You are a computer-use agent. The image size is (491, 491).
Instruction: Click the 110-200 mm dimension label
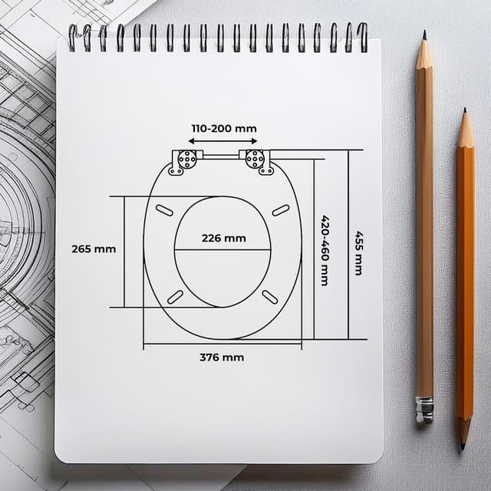click(224, 128)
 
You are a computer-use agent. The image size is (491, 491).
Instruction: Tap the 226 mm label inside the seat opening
click(223, 239)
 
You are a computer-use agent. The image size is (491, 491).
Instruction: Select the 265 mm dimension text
click(94, 249)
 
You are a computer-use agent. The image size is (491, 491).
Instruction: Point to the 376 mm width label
click(222, 358)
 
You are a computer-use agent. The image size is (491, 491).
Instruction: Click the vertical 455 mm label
click(358, 253)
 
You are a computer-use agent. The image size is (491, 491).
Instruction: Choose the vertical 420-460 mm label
click(325, 251)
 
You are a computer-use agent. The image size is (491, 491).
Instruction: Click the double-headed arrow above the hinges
click(222, 141)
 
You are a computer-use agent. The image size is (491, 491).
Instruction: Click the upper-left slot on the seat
click(164, 210)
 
